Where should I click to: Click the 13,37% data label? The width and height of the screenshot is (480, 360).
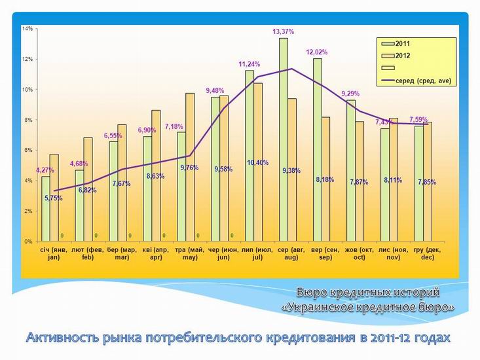283,31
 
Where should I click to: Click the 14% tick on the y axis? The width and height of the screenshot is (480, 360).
27,29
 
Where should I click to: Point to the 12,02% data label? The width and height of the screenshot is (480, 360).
317,52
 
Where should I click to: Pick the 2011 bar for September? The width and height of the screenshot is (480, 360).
317,151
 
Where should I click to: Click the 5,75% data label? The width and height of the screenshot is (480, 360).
54,198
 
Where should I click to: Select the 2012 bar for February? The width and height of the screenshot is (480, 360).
88,190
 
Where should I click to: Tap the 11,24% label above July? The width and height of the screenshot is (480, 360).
249,64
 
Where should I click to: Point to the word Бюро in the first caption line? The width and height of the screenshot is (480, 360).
313,291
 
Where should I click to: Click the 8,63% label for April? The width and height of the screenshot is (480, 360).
156,176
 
